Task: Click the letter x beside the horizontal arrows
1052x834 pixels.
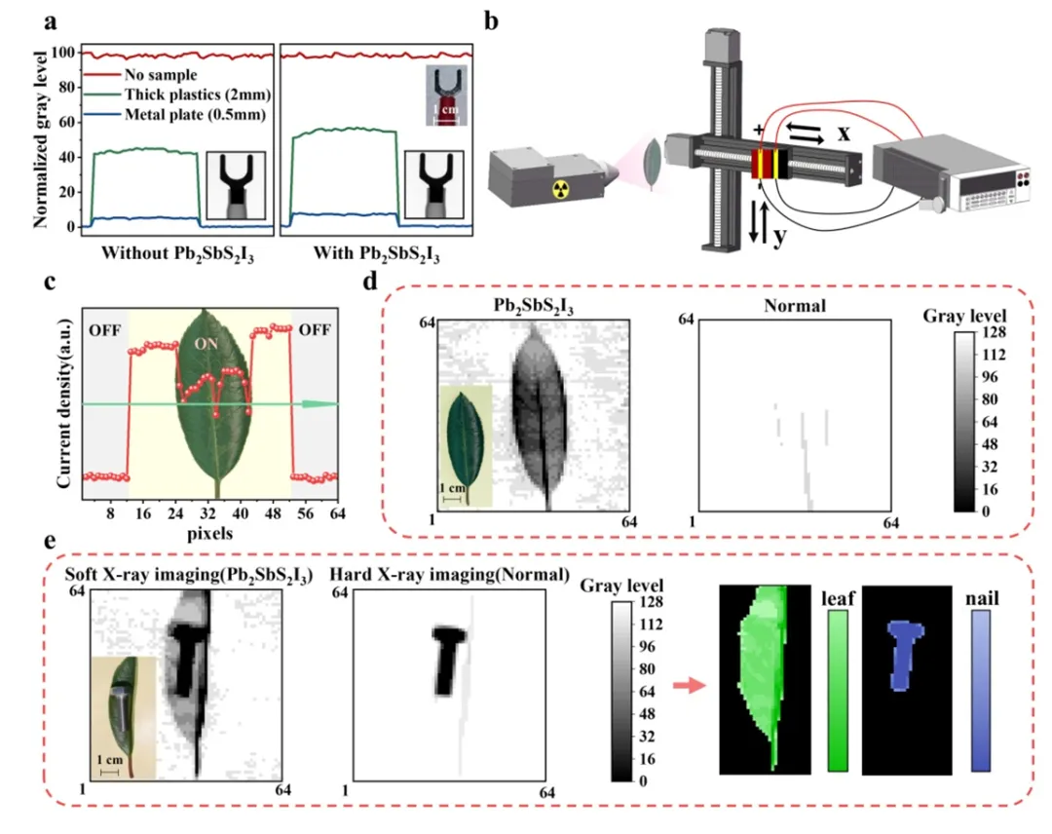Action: pos(844,133)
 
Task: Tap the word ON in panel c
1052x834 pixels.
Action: pos(207,344)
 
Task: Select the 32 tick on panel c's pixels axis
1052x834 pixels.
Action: pos(207,512)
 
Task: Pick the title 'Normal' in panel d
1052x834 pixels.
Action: pos(792,305)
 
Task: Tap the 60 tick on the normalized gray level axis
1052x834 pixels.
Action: pos(66,122)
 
